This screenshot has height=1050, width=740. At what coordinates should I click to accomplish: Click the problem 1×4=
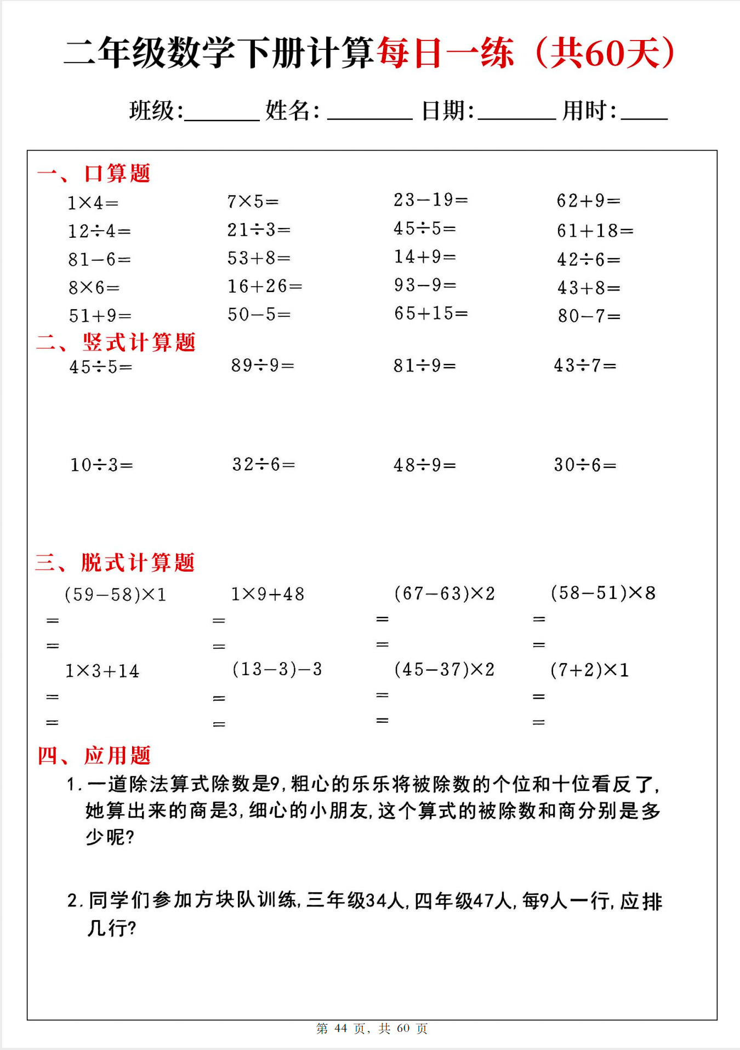pyautogui.click(x=93, y=203)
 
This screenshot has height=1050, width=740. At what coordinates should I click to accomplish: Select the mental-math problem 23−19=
pyautogui.click(x=430, y=200)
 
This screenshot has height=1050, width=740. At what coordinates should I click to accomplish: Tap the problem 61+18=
pyautogui.click(x=595, y=231)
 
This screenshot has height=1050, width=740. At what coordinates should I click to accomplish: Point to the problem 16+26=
pyautogui.click(x=265, y=286)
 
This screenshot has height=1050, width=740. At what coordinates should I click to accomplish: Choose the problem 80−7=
pyautogui.click(x=589, y=316)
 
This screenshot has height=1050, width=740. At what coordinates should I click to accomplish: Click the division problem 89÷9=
pyautogui.click(x=263, y=365)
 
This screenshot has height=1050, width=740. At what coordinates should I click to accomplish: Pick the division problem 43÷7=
pyautogui.click(x=585, y=365)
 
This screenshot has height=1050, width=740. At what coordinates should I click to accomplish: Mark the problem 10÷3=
pyautogui.click(x=101, y=465)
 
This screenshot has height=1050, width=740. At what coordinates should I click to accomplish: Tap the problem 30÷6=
pyautogui.click(x=585, y=465)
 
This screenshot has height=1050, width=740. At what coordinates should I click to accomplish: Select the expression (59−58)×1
pyautogui.click(x=115, y=595)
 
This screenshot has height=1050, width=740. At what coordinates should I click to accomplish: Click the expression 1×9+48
pyautogui.click(x=267, y=594)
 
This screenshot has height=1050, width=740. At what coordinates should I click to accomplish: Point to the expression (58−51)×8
pyautogui.click(x=603, y=593)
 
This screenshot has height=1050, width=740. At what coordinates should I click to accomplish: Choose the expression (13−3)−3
pyautogui.click(x=277, y=669)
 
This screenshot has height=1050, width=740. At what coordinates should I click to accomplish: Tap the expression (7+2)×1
pyautogui.click(x=589, y=670)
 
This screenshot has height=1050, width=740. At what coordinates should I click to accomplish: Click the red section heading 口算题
pyautogui.click(x=117, y=173)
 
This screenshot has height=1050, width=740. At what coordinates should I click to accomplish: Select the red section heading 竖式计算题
pyautogui.click(x=139, y=343)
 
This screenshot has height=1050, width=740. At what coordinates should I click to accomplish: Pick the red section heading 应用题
pyautogui.click(x=117, y=756)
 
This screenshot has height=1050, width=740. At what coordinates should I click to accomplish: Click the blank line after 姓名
pyautogui.click(x=369, y=115)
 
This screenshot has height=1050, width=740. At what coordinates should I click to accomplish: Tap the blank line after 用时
pyautogui.click(x=644, y=115)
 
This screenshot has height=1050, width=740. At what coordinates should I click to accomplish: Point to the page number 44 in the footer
pyautogui.click(x=340, y=1029)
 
